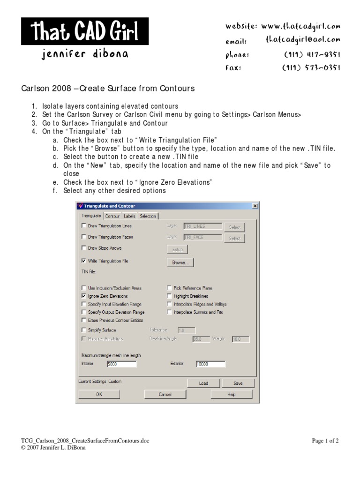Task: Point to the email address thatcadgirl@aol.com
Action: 303,40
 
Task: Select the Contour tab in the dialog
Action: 112,216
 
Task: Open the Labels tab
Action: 129,216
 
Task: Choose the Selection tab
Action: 148,216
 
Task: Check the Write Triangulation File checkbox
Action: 84,261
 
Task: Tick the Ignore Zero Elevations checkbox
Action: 84,296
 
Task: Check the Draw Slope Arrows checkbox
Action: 84,248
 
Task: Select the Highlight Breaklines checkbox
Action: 169,296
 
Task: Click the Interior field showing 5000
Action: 121,364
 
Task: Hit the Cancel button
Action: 165,395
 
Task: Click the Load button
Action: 203,383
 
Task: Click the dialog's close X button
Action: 255,206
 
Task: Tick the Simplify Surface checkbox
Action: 84,330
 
